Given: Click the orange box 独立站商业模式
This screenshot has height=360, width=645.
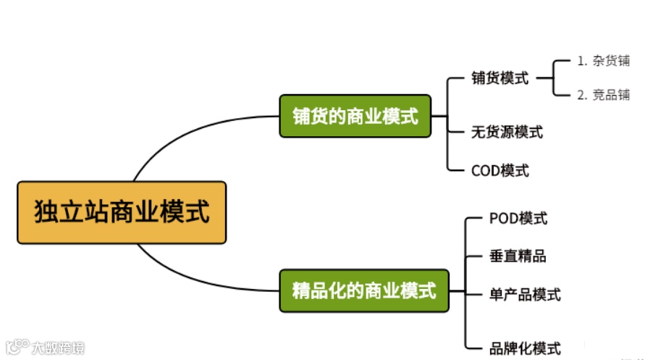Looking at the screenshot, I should [122, 212].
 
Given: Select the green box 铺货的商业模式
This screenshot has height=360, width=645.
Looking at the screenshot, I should [355, 116].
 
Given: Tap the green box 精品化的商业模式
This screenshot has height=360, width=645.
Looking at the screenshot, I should [364, 291].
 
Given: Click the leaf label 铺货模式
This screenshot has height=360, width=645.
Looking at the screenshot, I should [499, 78].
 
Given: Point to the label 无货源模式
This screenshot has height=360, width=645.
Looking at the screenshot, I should [507, 132].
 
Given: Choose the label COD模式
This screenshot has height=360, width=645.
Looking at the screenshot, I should [500, 171].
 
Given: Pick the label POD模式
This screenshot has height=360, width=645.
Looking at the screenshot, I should [518, 218].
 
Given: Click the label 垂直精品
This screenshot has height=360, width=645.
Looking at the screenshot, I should [518, 256].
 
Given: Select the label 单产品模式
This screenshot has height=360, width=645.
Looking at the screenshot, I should [525, 294].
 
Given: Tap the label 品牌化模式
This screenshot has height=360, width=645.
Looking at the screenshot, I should [525, 348].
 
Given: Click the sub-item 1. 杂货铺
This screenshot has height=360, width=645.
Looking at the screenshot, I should [603, 61].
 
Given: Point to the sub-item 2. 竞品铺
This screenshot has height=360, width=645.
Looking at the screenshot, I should [603, 95].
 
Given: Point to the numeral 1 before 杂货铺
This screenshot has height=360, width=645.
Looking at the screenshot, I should [581, 61].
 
